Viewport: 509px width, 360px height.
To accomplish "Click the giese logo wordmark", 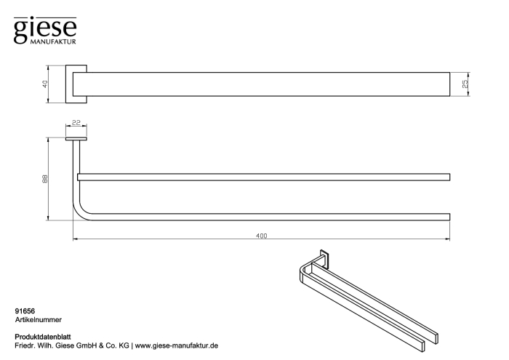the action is point(45,29).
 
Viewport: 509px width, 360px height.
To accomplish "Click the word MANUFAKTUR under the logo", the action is point(53,41).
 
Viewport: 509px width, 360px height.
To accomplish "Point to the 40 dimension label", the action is point(45,84).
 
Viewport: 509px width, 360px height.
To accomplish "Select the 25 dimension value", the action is point(465,84).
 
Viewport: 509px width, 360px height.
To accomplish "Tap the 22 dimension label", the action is point(76,123).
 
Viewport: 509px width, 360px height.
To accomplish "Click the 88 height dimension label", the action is point(45,179).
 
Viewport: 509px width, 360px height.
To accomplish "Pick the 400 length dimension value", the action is point(261,236).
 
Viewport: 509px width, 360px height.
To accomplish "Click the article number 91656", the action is point(25,311).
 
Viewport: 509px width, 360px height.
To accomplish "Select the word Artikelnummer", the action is point(39,320).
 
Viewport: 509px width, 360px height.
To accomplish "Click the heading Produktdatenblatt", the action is point(43,337).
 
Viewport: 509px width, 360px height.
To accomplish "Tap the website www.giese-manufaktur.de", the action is point(177,345).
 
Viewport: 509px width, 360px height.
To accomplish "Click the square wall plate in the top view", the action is point(76,84).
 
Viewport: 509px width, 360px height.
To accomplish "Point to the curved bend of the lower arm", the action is point(79,212).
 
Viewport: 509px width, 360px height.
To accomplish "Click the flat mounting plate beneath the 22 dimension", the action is point(76,139).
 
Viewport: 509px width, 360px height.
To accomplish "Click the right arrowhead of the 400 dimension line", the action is point(448,239).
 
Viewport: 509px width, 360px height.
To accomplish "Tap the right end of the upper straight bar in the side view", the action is point(449,177).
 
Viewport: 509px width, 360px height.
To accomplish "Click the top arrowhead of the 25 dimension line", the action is point(468,74).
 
